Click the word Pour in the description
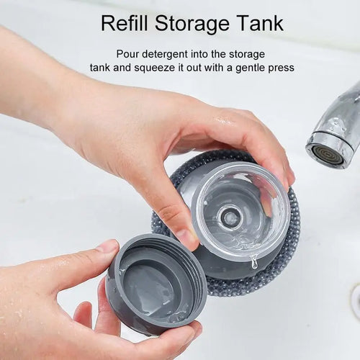129,54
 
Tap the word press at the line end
279,68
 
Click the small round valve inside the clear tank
230,216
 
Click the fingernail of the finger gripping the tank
186,237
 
